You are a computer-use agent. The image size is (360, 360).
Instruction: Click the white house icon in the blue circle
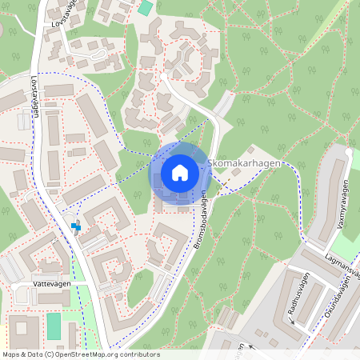[179, 173]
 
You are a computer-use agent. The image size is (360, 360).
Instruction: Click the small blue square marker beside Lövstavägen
[76, 226]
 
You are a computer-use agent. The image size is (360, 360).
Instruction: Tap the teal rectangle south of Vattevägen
[54, 326]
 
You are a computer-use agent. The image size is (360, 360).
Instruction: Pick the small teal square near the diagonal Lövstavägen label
[145, 7]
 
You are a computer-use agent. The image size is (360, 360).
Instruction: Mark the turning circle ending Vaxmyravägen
[350, 151]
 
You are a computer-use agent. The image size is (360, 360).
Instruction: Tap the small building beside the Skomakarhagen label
[251, 150]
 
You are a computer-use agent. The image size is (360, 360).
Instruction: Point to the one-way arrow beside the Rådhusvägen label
[292, 320]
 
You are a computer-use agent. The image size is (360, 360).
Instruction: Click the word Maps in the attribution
[11, 354]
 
